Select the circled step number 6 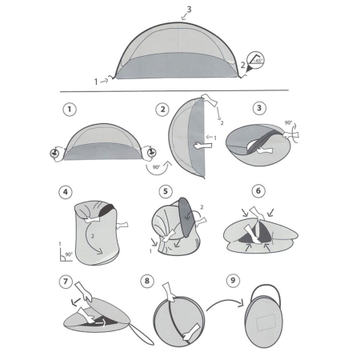click(x=258, y=192)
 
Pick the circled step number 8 click(x=147, y=282)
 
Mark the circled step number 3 click(x=258, y=107)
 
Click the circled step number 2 click(x=162, y=107)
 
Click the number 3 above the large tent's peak click(x=188, y=10)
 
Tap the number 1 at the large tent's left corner click(x=96, y=81)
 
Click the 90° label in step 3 click(x=290, y=125)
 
